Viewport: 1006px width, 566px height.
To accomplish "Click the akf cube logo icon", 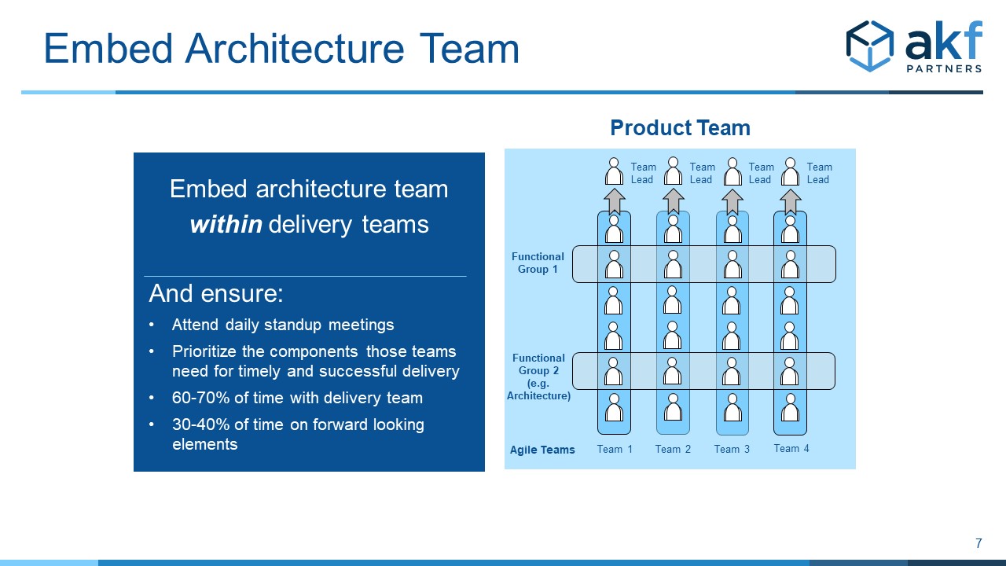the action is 869,46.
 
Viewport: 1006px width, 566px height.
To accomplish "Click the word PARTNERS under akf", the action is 944,68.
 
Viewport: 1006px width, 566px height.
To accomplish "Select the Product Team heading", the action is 680,127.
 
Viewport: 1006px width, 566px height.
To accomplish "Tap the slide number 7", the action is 978,543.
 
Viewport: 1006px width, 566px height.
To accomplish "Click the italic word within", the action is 226,224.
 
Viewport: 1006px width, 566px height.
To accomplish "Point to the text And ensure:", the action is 216,293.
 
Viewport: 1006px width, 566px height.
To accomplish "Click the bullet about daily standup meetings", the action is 283,325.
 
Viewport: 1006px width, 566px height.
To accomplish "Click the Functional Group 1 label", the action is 538,263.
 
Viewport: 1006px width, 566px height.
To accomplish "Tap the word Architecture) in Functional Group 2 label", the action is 538,395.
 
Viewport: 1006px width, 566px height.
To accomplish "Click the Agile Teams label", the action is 542,450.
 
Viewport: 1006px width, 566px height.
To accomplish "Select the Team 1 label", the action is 615,449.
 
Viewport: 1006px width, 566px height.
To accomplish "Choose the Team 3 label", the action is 732,449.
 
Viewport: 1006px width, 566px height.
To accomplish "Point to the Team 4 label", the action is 791,448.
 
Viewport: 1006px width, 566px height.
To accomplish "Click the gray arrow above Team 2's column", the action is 674,201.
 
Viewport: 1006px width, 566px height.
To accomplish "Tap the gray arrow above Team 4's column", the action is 791,201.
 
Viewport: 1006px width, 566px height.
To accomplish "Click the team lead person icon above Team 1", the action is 614,171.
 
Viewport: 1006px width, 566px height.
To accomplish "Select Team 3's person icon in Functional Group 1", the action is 732,265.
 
